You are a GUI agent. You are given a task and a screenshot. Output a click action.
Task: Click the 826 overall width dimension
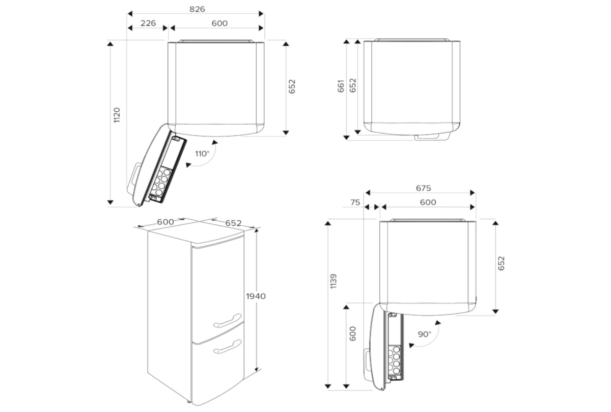196,9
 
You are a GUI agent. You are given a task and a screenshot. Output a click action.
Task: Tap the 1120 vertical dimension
117,116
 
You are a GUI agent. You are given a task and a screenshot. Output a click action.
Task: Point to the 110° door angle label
202,153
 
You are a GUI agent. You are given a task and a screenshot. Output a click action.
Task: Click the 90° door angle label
424,334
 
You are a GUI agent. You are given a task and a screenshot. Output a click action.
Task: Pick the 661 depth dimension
341,85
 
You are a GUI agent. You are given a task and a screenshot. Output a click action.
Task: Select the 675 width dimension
424,188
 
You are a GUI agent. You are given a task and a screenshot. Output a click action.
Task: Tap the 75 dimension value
355,202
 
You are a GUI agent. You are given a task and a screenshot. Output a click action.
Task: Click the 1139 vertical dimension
333,281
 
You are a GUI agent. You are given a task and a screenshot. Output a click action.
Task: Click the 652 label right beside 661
352,85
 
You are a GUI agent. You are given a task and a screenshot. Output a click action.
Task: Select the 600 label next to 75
428,202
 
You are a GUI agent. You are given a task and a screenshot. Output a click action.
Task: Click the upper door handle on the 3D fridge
228,321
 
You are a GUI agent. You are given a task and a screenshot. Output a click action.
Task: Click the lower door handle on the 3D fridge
228,347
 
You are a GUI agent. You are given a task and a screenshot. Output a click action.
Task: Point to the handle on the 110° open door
134,173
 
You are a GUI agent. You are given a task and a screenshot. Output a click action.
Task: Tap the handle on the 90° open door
367,360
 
